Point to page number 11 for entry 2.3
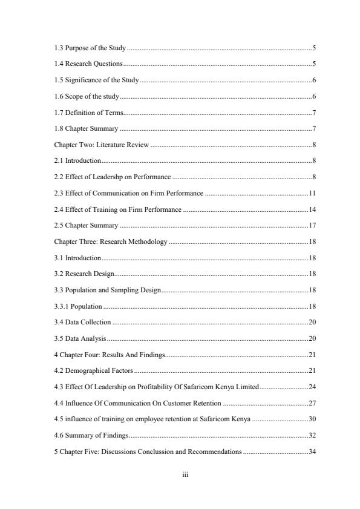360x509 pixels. click(x=312, y=193)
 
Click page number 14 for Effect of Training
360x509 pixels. click(x=312, y=209)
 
